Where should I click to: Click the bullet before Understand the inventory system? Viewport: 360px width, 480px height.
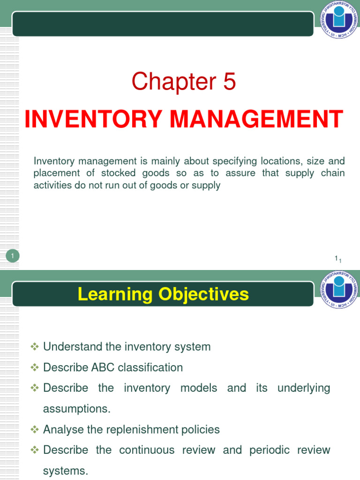(x=34, y=347)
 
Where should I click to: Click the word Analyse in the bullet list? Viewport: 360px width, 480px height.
(x=62, y=429)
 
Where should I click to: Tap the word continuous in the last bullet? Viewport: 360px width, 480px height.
(x=145, y=450)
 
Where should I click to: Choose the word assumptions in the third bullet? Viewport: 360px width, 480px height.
(x=76, y=409)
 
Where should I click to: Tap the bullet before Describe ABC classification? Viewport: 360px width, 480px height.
(x=34, y=367)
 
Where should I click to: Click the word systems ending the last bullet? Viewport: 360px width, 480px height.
(x=65, y=471)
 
